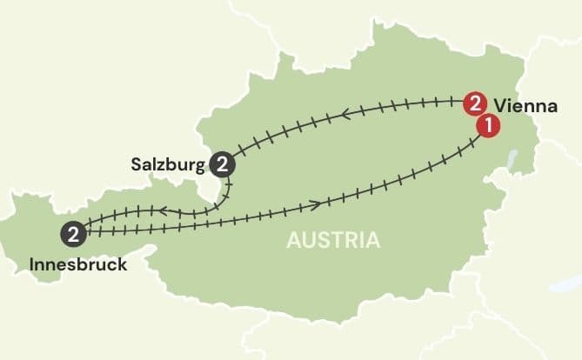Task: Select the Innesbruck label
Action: tap(77, 262)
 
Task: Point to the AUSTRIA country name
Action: tap(334, 240)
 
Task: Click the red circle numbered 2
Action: tap(474, 103)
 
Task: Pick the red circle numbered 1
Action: tap(488, 125)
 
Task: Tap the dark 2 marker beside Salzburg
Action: tap(223, 163)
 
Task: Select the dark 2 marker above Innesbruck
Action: tap(75, 233)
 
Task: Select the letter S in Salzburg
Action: tap(137, 163)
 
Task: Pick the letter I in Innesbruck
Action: tap(32, 262)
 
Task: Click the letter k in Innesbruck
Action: tap(122, 262)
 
